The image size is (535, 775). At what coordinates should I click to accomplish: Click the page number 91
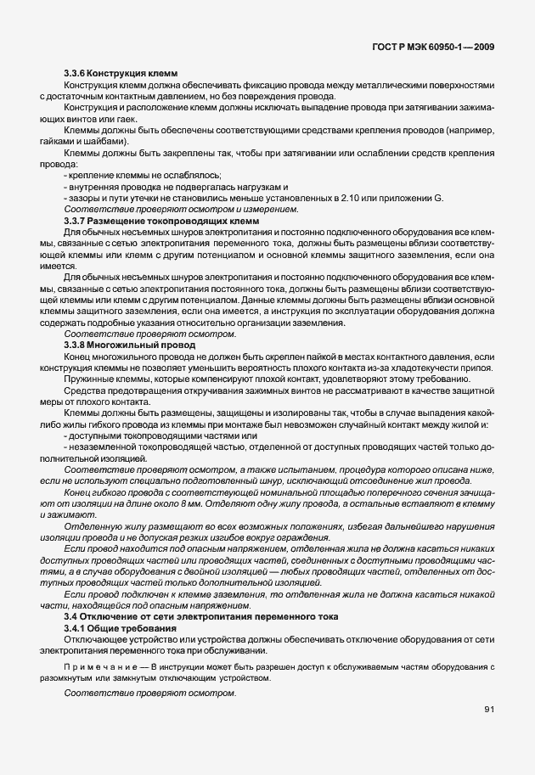[489, 710]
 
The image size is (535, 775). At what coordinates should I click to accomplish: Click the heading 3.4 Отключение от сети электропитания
[201, 616]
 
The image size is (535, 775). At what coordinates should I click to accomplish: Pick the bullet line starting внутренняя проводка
[177, 186]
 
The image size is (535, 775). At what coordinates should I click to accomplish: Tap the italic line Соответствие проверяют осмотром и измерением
[181, 209]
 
